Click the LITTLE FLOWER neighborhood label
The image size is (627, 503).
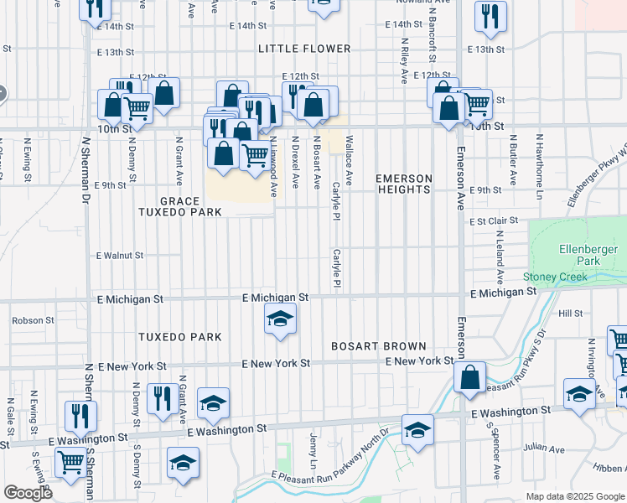301,49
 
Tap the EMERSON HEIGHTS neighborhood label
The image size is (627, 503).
404,184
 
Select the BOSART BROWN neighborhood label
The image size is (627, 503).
379,345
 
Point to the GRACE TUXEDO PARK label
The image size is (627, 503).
180,207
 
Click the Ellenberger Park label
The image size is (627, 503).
580,255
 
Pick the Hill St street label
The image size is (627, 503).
570,313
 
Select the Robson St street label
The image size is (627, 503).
33,320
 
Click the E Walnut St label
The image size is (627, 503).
120,255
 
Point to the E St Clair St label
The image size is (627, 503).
493,220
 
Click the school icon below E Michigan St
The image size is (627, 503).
280,319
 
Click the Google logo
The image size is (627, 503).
28,493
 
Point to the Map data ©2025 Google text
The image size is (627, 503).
574,496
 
